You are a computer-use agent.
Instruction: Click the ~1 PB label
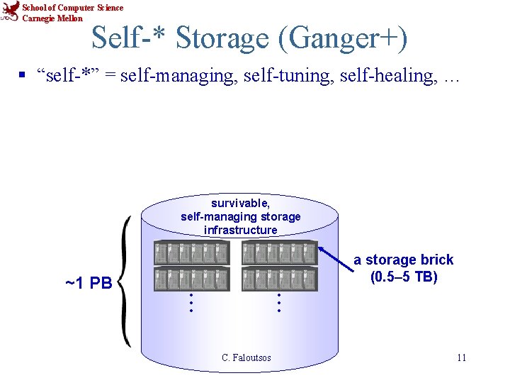(x=89, y=284)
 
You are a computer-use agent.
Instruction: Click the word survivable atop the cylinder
(x=240, y=204)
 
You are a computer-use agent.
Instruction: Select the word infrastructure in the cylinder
(x=240, y=230)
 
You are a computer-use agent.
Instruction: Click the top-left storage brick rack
(x=192, y=253)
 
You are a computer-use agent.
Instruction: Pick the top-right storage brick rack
(x=279, y=253)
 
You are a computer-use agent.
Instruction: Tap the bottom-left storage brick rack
(x=192, y=279)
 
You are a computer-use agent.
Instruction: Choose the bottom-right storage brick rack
(x=279, y=279)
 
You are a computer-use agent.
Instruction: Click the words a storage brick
(x=404, y=260)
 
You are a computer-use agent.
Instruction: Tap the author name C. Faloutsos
(x=246, y=357)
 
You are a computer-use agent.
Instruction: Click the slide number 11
(x=461, y=357)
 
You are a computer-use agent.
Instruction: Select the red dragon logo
(x=11, y=12)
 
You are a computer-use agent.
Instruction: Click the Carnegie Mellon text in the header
(x=52, y=18)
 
